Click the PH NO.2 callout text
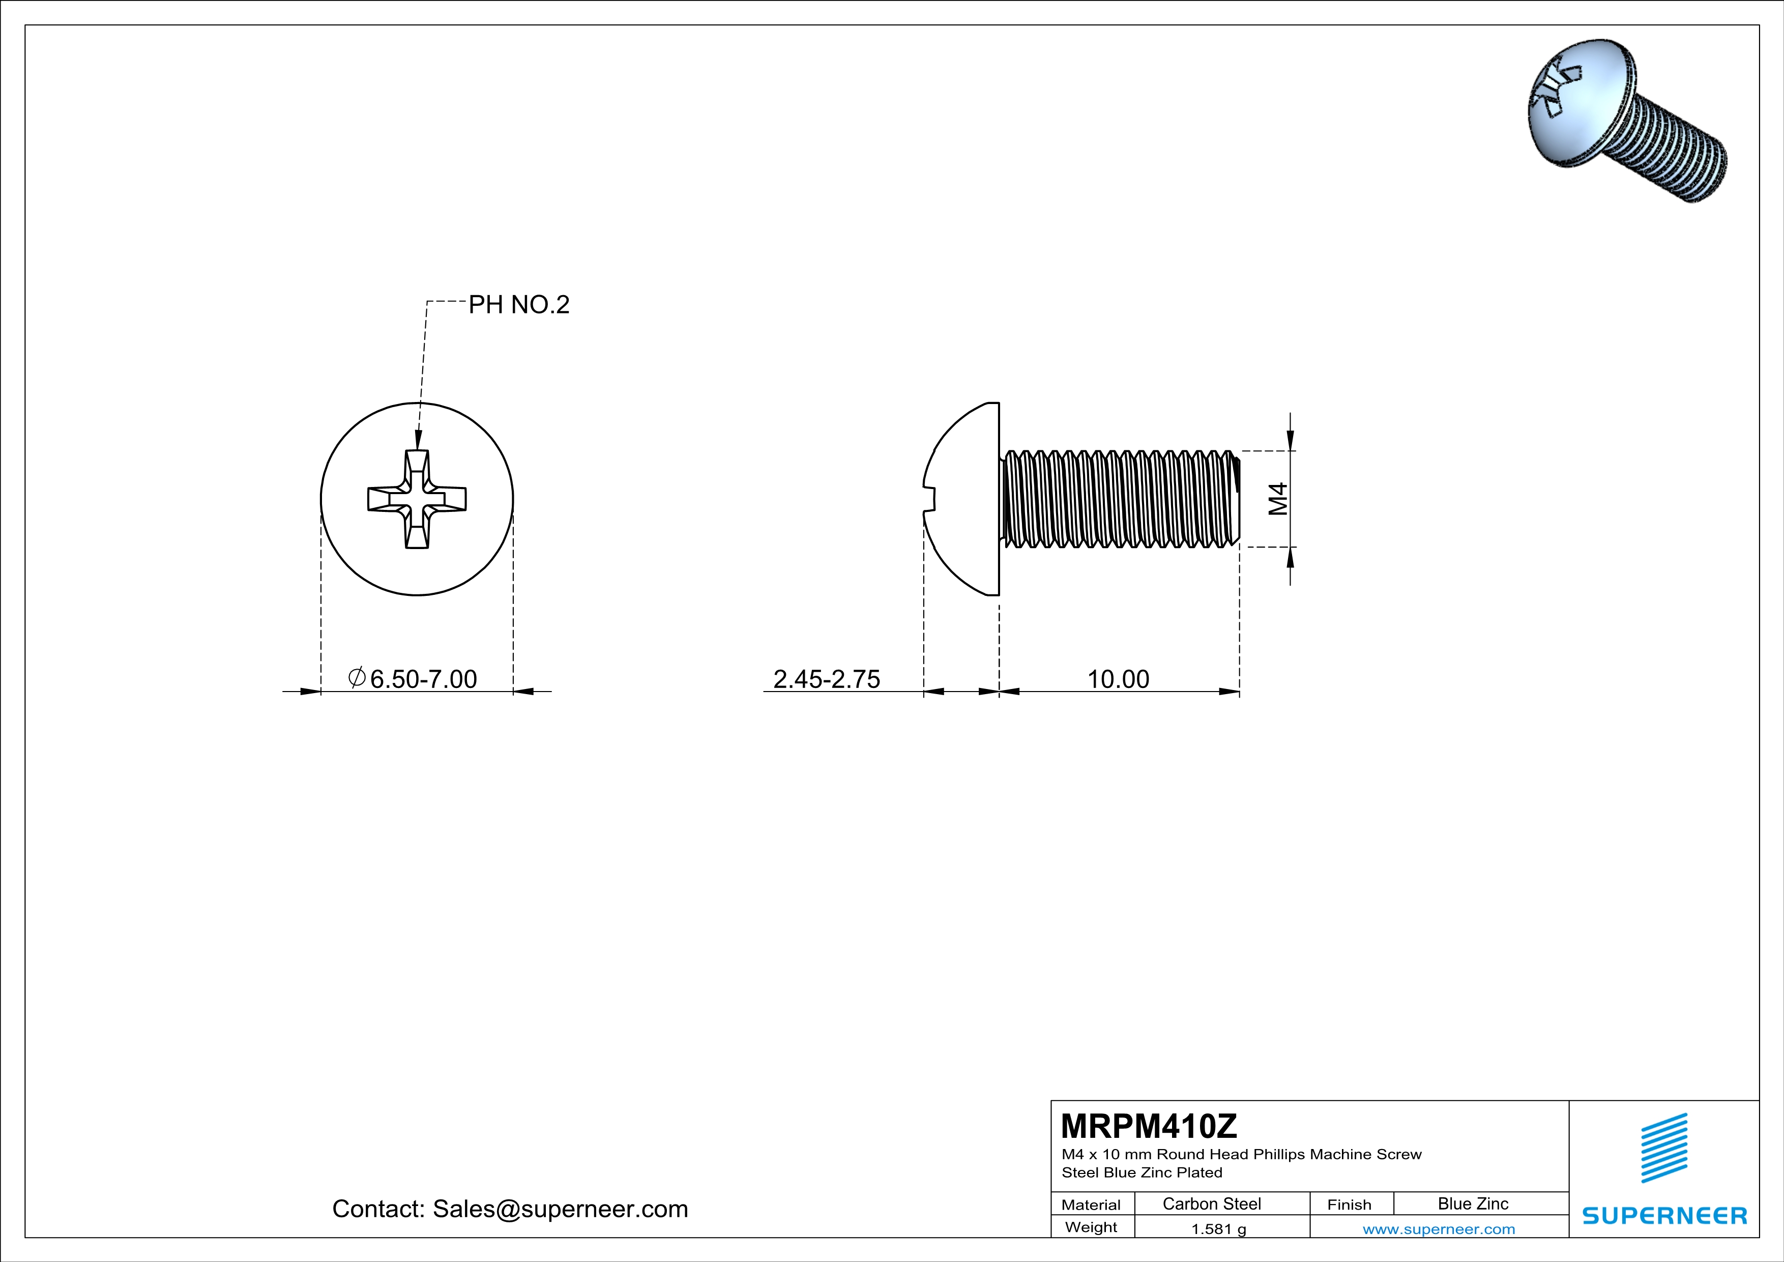click(518, 305)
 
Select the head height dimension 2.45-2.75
click(827, 679)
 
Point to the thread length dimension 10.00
click(1117, 679)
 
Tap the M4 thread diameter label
click(1278, 499)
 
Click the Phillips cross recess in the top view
click(417, 499)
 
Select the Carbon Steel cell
click(1211, 1203)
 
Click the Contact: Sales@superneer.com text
click(510, 1209)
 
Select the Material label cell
click(1091, 1204)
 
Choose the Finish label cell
click(1349, 1204)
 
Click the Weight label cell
click(1091, 1227)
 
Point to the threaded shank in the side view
click(1119, 499)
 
